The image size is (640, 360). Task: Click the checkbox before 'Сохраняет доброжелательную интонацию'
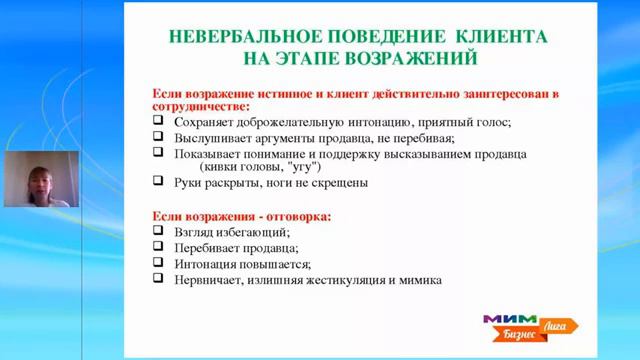(x=158, y=121)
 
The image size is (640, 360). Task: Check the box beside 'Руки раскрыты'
(x=158, y=182)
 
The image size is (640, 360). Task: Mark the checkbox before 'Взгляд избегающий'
(x=158, y=231)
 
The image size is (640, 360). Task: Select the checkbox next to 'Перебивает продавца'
(x=158, y=247)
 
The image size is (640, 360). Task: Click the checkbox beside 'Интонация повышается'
(x=158, y=263)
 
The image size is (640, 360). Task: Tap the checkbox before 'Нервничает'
(x=158, y=279)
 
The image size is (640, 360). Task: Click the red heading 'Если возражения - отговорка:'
(x=241, y=215)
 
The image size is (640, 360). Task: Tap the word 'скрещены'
(x=341, y=183)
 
